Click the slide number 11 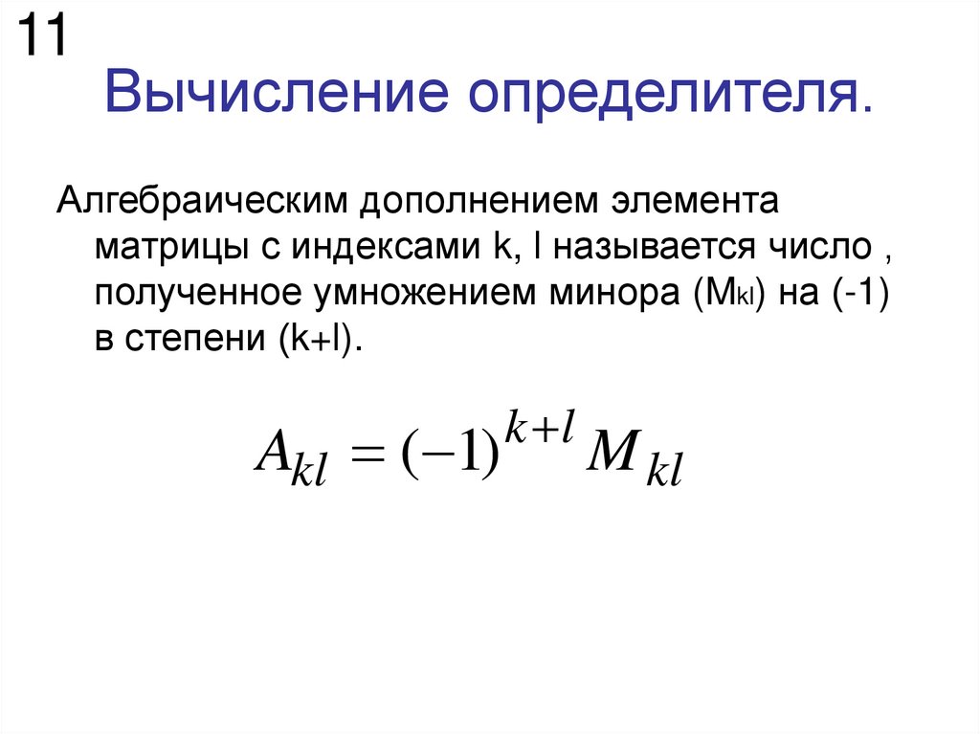click(41, 37)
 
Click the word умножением click(417, 296)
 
